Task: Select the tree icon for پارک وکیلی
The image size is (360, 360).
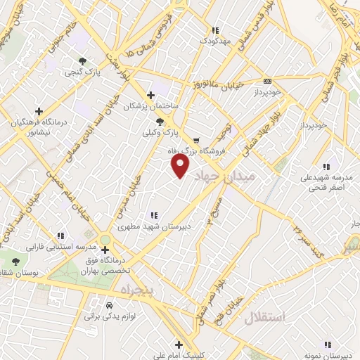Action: (160, 122)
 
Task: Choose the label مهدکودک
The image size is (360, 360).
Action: (214, 41)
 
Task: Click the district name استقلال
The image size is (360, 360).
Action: (264, 317)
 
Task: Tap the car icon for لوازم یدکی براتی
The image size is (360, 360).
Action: (110, 306)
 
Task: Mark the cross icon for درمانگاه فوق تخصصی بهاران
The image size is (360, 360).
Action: (105, 250)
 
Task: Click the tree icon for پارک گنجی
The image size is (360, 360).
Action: (84, 61)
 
